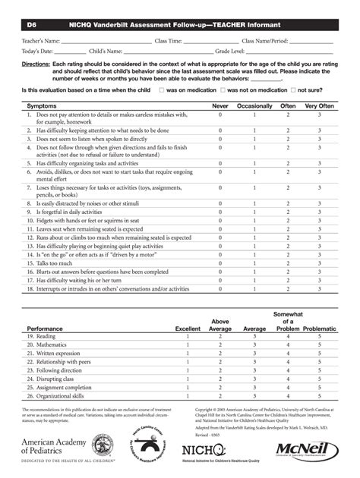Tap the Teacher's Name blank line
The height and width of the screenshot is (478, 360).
pos(96,42)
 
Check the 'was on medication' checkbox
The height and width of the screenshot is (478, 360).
pos(162,90)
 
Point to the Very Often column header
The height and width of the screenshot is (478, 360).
pos(319,105)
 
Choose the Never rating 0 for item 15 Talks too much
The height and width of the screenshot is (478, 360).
pos(220,263)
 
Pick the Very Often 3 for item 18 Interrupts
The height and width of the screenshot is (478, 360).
pos(319,289)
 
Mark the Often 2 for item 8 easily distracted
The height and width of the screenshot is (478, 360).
pos(289,203)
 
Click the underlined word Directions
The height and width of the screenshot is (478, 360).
pos(36,66)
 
